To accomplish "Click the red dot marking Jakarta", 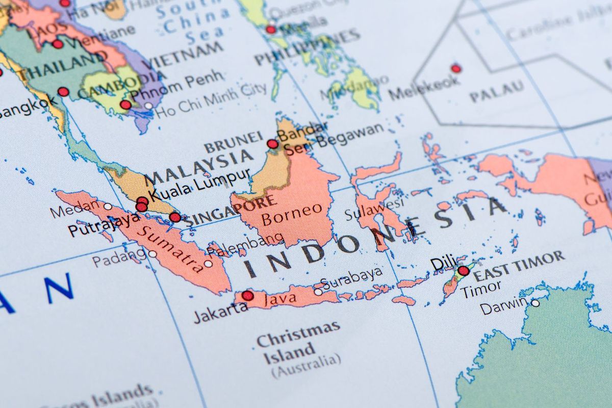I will [x=247, y=295].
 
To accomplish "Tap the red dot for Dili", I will [x=463, y=271].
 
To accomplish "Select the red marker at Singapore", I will [x=175, y=217].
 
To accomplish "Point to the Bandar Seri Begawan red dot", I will [x=273, y=144].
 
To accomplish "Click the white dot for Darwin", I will [x=535, y=303].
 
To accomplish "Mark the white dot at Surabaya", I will [x=318, y=292].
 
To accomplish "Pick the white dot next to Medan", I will [x=108, y=207].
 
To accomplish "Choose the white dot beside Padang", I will [x=152, y=254].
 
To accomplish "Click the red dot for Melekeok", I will [x=455, y=68].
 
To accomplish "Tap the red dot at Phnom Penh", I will [x=125, y=105].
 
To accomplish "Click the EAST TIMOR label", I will [x=519, y=266].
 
